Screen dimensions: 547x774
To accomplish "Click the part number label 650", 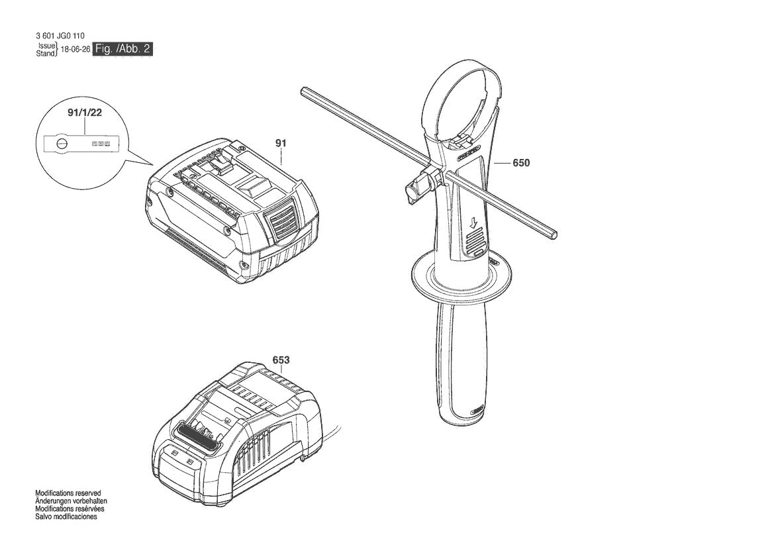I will pyautogui.click(x=521, y=163).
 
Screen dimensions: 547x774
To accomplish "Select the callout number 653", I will pyautogui.click(x=281, y=360).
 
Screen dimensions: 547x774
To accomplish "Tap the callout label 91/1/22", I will pyautogui.click(x=85, y=113).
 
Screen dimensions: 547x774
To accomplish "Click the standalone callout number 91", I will pyautogui.click(x=281, y=142).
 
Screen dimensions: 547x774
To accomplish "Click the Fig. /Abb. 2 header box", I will pyautogui.click(x=124, y=49).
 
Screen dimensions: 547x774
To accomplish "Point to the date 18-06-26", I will pyautogui.click(x=75, y=50).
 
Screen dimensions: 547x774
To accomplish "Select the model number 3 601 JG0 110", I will pyautogui.click(x=60, y=36).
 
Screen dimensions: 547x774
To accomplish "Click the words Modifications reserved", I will pyautogui.click(x=68, y=493).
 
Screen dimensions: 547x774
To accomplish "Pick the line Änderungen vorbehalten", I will pyautogui.click(x=71, y=501).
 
